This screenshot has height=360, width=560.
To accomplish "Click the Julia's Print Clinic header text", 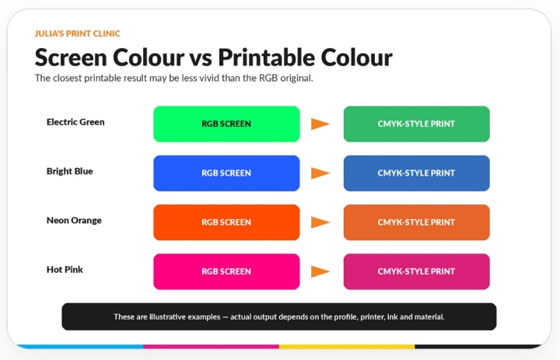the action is point(78,33).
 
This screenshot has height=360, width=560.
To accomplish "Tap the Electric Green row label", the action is point(75,122).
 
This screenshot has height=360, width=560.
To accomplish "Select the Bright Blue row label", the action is point(70,171).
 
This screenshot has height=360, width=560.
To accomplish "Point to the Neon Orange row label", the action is point(74,220).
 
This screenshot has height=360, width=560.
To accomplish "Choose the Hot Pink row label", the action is point(65,270).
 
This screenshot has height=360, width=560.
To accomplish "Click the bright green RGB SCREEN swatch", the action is point(226,124).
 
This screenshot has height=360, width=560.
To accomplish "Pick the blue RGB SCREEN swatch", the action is point(226,173).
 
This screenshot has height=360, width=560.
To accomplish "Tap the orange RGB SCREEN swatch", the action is point(226,222).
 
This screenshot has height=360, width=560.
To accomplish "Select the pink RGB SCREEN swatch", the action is point(226,271).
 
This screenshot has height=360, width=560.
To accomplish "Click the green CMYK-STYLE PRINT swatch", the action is point(416,124).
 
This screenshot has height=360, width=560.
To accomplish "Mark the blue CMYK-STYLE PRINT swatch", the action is point(416,173).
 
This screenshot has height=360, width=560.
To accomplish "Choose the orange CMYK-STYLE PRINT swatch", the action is point(416,222).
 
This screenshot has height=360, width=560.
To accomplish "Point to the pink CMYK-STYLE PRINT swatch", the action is point(416,271).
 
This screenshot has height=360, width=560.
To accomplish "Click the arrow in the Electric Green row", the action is point(320,124).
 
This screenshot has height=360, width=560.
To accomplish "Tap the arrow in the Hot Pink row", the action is point(320,271).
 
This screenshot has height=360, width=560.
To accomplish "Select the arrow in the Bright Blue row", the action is point(320,173).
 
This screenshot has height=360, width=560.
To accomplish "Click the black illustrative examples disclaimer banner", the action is point(279,316).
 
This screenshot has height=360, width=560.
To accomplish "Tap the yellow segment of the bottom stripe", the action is point(347,347).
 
